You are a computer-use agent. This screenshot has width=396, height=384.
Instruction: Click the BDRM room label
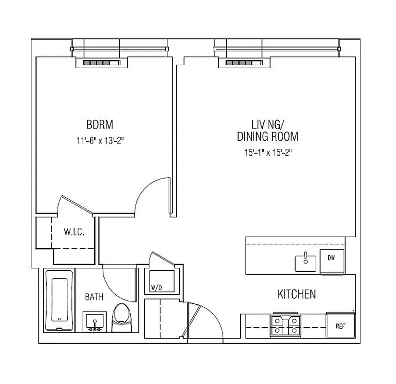coord(100,125)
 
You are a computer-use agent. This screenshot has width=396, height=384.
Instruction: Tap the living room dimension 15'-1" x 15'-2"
coord(267,153)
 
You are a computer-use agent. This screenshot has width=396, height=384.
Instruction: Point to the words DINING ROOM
coord(267,136)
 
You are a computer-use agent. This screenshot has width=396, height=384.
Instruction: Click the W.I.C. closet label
coord(74,233)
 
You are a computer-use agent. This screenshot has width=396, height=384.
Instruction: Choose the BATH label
coord(94,297)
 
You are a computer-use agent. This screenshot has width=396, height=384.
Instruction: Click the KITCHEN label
coord(297,294)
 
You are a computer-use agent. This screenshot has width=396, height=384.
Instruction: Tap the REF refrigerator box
coord(340,326)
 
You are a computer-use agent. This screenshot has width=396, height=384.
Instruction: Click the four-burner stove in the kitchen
coord(285,325)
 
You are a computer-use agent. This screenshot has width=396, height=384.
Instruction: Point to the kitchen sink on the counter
coord(305,262)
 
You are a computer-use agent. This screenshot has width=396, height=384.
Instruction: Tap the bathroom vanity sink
coord(95,321)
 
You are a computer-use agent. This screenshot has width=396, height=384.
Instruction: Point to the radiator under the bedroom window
coord(101,63)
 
